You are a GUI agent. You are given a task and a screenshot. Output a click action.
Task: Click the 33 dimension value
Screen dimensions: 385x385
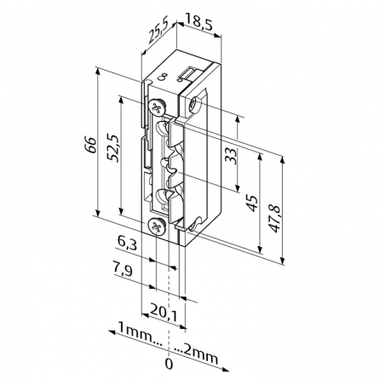(x=229, y=154)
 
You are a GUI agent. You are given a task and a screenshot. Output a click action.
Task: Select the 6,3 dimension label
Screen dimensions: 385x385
(x=124, y=244)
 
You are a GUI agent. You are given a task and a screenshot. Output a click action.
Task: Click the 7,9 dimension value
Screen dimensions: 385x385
(x=124, y=272)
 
